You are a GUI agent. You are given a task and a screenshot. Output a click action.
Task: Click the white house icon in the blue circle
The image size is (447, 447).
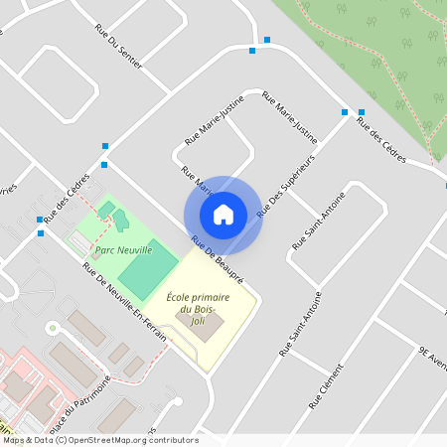[x=223, y=214]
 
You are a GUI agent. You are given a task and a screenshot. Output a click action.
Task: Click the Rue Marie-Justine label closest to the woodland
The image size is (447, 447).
[x=289, y=116]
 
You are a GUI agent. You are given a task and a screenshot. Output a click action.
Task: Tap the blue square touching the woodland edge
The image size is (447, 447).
[x=361, y=112]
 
